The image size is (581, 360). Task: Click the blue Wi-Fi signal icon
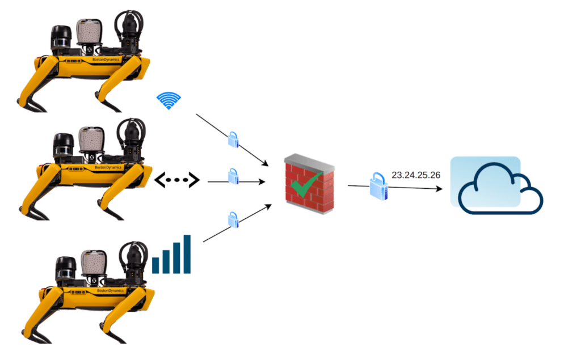(169, 100)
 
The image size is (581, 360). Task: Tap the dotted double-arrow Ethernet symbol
(177, 180)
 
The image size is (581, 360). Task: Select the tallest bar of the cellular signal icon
(187, 254)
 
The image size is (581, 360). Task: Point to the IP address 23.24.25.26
(416, 175)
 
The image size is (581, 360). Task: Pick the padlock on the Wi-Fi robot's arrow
(233, 139)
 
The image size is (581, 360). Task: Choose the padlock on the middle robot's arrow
(233, 176)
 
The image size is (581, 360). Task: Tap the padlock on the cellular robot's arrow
(233, 219)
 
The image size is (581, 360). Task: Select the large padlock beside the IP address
(378, 187)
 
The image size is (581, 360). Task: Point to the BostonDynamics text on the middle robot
(107, 168)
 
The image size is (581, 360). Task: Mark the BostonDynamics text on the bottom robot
(110, 291)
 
